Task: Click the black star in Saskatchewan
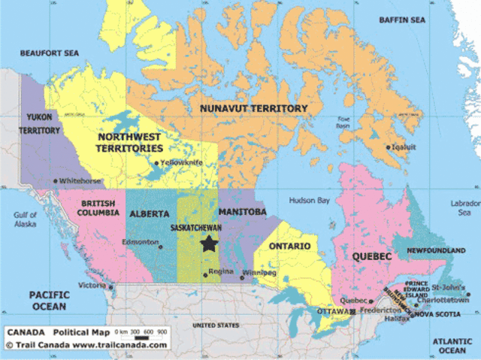click(208, 244)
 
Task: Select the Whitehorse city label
click(80, 181)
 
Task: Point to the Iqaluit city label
click(404, 147)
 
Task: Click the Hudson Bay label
click(310, 201)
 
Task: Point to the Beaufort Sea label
click(50, 53)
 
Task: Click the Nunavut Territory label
click(253, 109)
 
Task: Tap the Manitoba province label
click(242, 213)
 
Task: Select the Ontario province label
click(289, 246)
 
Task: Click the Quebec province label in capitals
click(371, 257)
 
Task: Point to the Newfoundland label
click(436, 250)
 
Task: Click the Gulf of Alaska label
click(25, 219)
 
